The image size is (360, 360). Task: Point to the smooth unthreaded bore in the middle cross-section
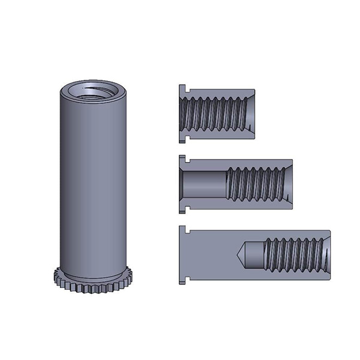pos(204,184)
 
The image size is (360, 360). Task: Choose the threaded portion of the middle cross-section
pos(255,183)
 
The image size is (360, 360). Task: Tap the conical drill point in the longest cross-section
pos(247,255)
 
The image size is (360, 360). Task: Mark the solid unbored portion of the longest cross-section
pos(210,256)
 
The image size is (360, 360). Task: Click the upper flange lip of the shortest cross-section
pos(182,89)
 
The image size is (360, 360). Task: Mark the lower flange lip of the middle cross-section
pos(182,208)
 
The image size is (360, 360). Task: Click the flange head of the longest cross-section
pos(182,256)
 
